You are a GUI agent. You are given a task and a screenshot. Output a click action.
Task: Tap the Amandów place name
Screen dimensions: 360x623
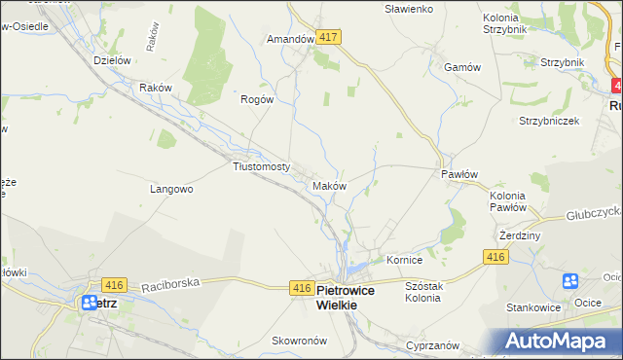[290, 39]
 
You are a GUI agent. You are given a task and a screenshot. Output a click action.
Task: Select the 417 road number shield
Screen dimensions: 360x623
[328, 37]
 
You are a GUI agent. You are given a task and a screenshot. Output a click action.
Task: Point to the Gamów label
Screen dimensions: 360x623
[462, 67]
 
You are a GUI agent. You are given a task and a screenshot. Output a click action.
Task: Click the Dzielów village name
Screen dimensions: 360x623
[112, 60]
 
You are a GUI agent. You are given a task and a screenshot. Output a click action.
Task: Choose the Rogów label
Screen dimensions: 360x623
[258, 98]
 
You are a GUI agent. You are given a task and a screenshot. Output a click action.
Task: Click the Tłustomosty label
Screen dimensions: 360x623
[262, 166]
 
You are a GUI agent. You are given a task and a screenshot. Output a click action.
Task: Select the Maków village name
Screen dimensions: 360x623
[328, 185]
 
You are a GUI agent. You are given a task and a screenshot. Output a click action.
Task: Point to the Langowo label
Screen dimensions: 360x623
[171, 189]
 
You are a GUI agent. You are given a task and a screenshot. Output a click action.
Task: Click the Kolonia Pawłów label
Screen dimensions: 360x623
[507, 200]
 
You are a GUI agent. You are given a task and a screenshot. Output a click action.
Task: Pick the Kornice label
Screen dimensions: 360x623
[404, 261]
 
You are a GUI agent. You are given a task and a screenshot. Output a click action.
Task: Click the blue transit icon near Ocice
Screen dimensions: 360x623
[570, 282]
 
